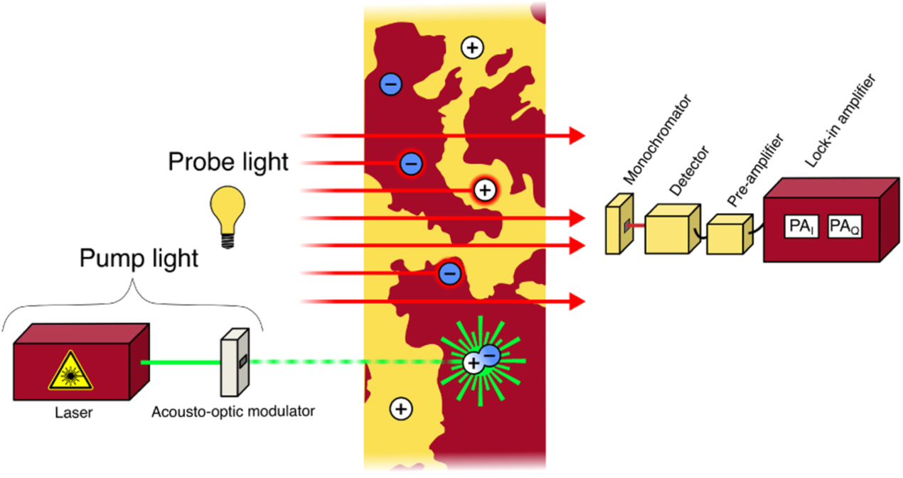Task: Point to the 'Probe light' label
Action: coord(228,162)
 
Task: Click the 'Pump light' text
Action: coord(138,259)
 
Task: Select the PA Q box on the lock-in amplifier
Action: coord(845,227)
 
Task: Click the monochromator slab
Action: coord(615,228)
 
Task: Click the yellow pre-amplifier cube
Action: coord(727,234)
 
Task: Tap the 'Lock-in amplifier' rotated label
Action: coord(840,121)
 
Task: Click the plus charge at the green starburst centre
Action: coord(473,363)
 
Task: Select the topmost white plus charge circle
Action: coord(472,48)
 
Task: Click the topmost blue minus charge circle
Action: coord(390,85)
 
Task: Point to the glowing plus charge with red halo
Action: coord(484,190)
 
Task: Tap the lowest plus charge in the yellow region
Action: coord(401,408)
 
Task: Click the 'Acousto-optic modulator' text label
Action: coord(233,411)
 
